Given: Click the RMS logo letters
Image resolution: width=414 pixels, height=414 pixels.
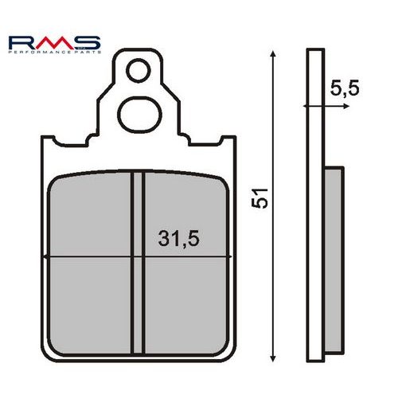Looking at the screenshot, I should point(53,41).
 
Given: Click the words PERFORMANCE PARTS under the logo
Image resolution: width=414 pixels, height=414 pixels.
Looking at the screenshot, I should point(53,53).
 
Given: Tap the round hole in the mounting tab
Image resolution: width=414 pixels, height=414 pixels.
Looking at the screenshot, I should point(140,70).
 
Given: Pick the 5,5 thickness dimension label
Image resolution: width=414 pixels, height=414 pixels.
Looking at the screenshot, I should point(343,89).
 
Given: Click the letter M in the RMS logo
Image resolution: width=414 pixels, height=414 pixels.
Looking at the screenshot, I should point(53,41).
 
